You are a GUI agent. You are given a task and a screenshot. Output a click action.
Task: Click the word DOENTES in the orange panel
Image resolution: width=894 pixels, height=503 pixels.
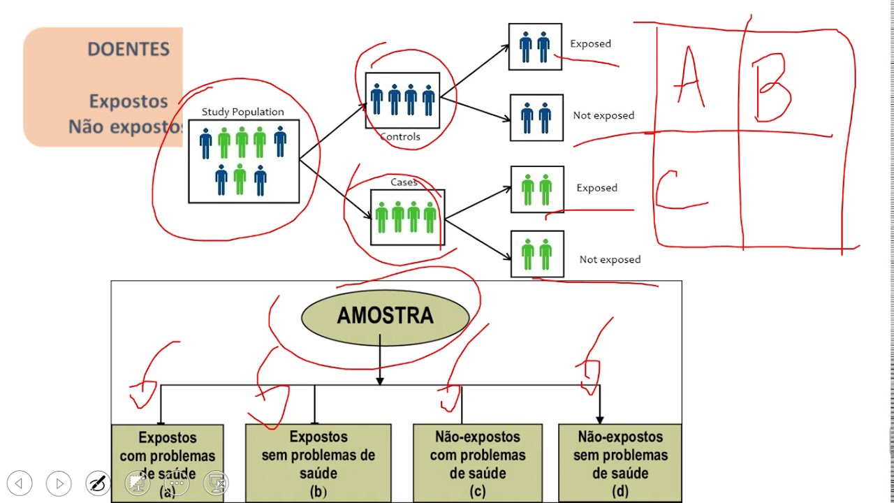pos(129,50)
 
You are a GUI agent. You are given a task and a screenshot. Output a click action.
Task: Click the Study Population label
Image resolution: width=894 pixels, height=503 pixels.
pos(243,112)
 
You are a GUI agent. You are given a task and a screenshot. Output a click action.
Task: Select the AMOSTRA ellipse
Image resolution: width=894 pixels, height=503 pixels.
pos(385,316)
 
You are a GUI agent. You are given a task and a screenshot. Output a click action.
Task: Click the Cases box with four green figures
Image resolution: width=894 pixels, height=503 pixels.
pos(407,217)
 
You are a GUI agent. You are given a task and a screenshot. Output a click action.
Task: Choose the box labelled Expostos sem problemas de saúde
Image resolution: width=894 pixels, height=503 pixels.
pos(318,462)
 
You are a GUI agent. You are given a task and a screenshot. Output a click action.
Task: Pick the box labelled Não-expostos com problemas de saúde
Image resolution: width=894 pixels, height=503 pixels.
pos(478,462)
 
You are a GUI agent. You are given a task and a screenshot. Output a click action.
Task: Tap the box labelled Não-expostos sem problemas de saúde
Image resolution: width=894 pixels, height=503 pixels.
pos(620,462)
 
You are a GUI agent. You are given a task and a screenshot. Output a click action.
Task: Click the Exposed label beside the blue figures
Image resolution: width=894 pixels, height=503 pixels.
pos(590,44)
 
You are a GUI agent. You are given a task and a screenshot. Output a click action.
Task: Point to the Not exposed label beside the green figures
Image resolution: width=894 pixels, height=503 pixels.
pos(610,260)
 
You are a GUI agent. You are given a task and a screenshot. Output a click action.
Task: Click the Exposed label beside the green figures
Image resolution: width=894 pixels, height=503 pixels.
pos(596,188)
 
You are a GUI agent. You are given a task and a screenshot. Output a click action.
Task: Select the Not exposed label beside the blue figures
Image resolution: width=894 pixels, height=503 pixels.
pos(603,116)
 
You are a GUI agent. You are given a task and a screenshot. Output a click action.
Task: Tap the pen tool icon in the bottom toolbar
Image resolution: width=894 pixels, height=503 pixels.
pos(98,483)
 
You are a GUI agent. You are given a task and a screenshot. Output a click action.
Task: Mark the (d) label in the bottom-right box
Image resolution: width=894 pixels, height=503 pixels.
pos(620,491)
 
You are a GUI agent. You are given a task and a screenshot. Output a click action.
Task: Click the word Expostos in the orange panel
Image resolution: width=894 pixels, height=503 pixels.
pos(129,101)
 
